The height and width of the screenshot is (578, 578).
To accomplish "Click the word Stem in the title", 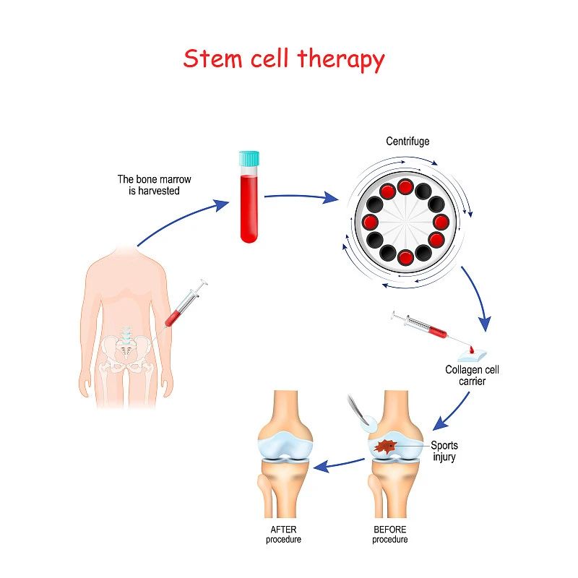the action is coord(212,59).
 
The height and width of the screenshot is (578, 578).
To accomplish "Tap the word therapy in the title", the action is coord(341,60).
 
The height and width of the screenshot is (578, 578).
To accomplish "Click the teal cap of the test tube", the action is coord(249,158).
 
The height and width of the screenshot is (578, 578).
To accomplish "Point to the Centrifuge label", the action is coord(407,141).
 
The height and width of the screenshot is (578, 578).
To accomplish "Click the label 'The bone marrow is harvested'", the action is coord(154,185).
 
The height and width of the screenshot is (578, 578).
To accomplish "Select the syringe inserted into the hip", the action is coord(184,305).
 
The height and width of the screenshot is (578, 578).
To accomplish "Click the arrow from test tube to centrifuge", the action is coord(301,197).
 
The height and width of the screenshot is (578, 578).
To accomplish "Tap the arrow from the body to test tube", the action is coord(184,222).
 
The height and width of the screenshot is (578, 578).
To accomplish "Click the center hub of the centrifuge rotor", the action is coord(405,223).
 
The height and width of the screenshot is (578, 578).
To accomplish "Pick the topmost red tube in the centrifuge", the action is coord(405,187).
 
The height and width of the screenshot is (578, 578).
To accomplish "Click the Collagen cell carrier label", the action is coord(472,375).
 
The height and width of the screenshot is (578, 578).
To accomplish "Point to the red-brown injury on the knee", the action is coord(385,447).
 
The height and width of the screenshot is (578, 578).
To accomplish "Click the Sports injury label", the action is coord(444,451).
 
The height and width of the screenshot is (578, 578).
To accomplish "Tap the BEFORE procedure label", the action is coord(389,535).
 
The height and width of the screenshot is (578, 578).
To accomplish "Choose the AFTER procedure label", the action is coord(283,535).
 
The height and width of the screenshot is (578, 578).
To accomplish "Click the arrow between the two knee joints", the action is coord(339,465).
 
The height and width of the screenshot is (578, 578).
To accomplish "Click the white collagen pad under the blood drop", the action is coord(472,355).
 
